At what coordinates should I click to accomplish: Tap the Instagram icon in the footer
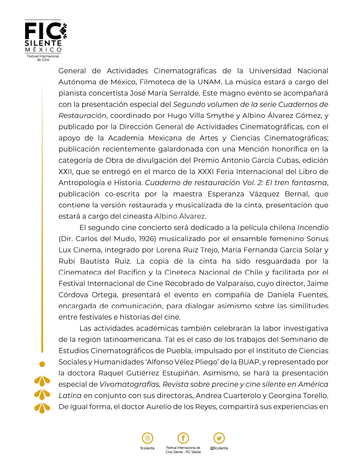[147, 438]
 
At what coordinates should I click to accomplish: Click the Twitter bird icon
[219, 438]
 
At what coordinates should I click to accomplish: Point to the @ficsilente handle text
[219, 448]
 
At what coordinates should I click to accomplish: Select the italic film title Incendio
[313, 228]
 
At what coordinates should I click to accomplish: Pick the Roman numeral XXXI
[206, 172]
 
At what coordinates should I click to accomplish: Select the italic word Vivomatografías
[130, 384]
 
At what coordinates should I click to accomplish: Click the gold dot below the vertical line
[42, 364]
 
